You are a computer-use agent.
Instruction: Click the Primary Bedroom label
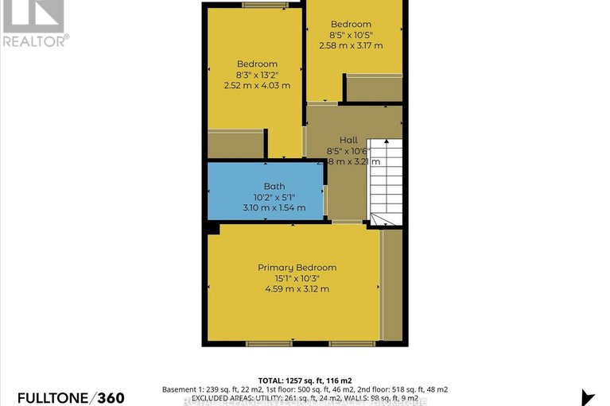click(x=297, y=268)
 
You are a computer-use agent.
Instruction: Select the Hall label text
click(x=348, y=139)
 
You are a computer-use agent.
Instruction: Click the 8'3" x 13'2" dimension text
click(x=257, y=75)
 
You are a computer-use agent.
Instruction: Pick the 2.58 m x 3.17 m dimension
click(x=351, y=46)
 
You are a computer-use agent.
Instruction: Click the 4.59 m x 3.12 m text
click(x=297, y=288)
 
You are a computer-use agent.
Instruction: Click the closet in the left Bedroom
click(x=235, y=144)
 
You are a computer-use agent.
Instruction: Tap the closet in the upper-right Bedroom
click(x=374, y=88)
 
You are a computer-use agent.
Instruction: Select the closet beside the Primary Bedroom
click(x=391, y=284)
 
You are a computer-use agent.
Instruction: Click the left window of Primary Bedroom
click(x=263, y=343)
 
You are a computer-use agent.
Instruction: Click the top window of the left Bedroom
click(x=265, y=6)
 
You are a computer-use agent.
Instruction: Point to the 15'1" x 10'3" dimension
click(x=297, y=278)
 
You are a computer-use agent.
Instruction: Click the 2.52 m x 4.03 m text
click(x=257, y=85)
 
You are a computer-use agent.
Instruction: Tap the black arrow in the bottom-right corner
click(x=589, y=397)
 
